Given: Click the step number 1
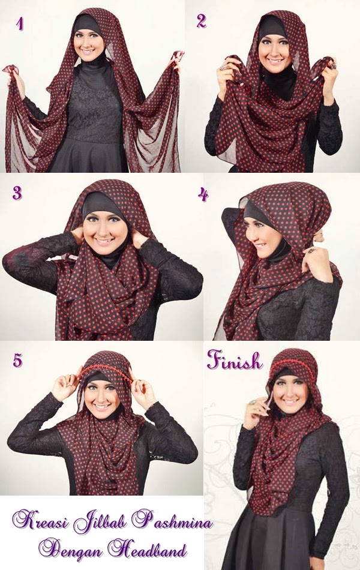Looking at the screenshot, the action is point(20,23).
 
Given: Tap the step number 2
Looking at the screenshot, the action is point(201,21).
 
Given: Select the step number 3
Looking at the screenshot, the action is point(17,193).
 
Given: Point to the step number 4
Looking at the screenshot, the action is point(203,194).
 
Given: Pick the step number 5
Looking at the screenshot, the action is point(17,360).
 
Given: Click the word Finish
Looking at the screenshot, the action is point(235,360).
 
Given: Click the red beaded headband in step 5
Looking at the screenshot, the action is point(105,370).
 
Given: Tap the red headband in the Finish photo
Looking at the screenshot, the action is point(291,362).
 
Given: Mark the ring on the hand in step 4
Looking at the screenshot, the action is point(311,250).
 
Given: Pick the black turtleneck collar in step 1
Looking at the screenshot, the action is point(93,65).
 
